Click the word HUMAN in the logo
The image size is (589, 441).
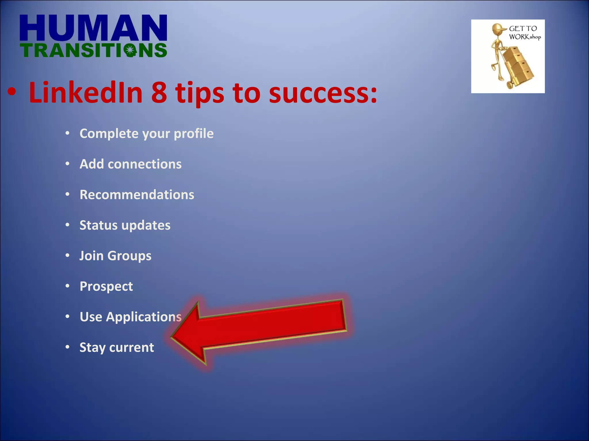coord(93,28)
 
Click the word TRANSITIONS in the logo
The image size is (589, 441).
coord(93,51)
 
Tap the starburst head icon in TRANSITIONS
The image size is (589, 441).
coord(130,51)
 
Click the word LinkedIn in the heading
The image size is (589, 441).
coord(86,93)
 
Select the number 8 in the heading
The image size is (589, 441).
coord(159,93)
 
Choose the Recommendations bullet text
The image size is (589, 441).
coord(137,195)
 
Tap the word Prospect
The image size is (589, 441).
coord(106,287)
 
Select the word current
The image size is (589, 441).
coord(132,347)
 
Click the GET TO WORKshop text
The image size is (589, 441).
coord(524,32)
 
